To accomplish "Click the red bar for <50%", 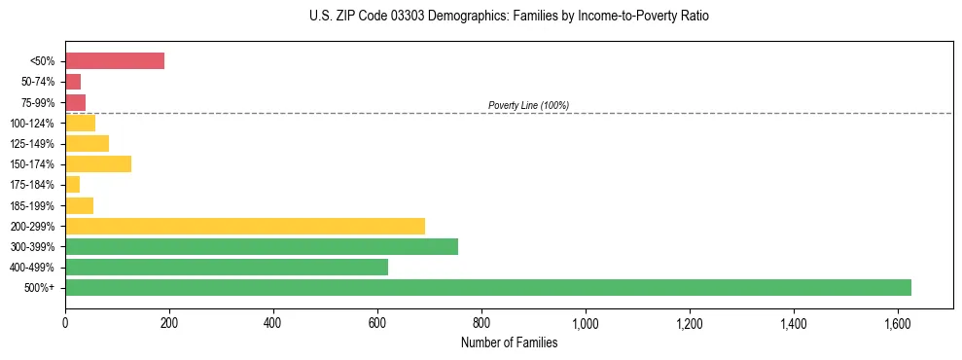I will coord(115,61).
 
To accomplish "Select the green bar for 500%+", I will coord(487,287).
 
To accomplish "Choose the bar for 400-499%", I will coord(227,267).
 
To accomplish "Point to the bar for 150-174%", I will coord(98,164).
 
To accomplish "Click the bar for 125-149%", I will coord(87,144).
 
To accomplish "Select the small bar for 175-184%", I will coord(72,185).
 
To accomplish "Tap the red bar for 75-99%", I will coord(75,102).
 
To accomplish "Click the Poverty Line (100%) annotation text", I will coord(528,105).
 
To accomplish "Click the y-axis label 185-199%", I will coord(34,205).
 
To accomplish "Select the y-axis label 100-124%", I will coord(34,124).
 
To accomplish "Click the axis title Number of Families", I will coord(509,342).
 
